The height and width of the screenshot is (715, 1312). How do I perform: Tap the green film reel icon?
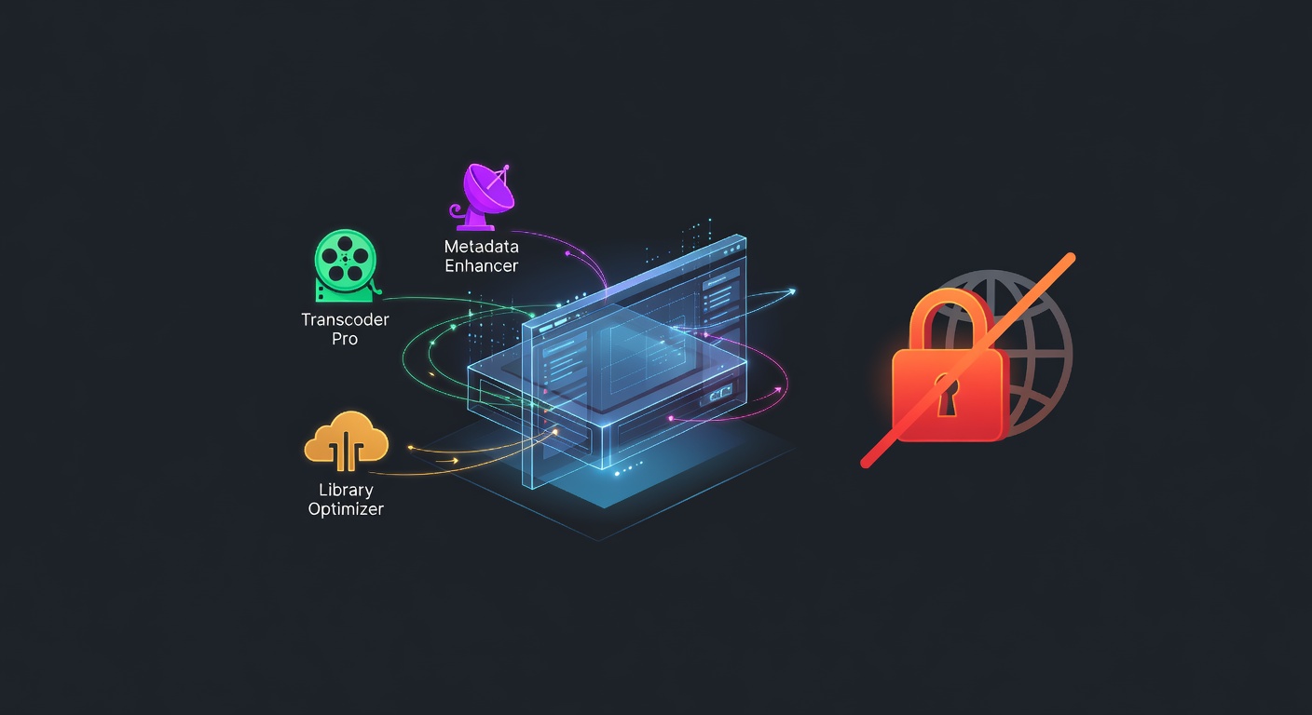(345, 263)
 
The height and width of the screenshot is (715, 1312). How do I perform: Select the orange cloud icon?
(346, 439)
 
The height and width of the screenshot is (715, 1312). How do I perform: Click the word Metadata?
(481, 248)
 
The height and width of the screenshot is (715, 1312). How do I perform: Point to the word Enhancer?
(481, 266)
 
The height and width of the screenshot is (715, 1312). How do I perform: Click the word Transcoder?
(345, 319)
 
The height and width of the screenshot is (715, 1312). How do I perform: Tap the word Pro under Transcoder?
(345, 339)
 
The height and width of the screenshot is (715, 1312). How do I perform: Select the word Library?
(346, 490)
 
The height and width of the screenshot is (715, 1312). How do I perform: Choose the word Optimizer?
(346, 509)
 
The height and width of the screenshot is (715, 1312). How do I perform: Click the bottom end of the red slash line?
(866, 462)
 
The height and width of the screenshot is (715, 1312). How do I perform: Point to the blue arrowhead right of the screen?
(792, 291)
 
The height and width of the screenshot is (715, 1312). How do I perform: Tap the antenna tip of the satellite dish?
(506, 168)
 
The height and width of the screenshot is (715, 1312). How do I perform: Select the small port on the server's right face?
(720, 395)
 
